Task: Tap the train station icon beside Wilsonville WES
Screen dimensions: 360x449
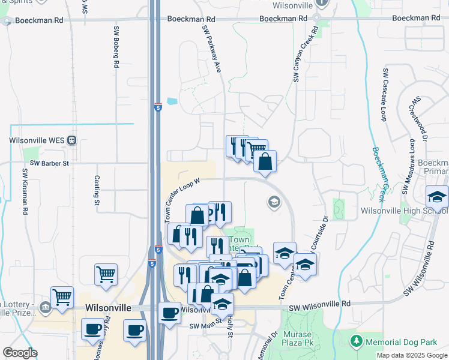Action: pos(71,140)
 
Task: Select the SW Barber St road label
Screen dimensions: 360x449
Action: pos(50,163)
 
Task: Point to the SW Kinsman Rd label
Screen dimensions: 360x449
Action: pos(25,191)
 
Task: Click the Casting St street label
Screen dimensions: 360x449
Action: pos(97,190)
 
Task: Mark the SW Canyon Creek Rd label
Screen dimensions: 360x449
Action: pos(305,53)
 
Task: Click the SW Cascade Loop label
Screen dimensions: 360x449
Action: pos(383,94)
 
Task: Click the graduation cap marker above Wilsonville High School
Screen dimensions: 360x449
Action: pos(437,197)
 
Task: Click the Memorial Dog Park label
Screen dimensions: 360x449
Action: pos(400,342)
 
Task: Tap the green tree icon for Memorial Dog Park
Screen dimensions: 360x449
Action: pos(356,341)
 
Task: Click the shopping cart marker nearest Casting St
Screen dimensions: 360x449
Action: pos(106,275)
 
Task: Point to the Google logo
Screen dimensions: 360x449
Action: pos(20,353)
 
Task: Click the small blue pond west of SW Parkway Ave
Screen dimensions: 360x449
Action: pos(173,101)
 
